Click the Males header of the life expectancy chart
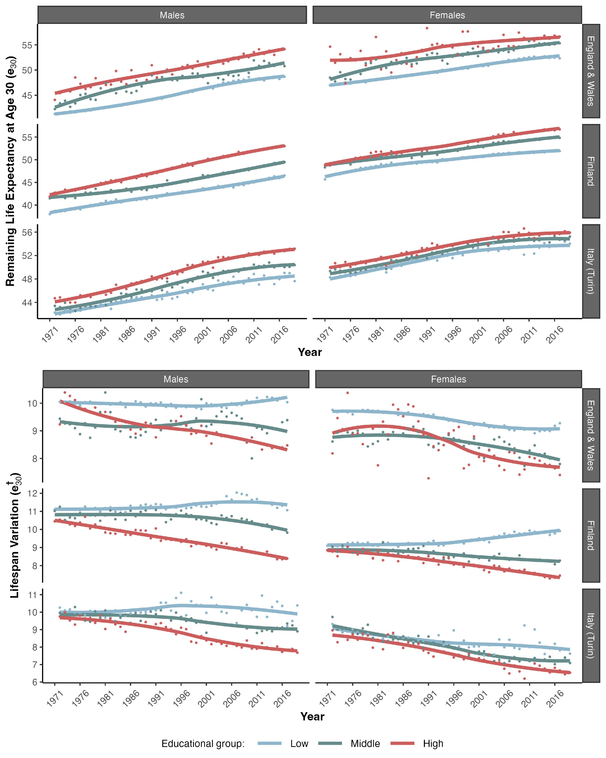click(172, 15)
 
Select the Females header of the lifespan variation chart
click(448, 379)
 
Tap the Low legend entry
click(299, 744)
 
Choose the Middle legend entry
click(365, 744)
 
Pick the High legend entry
click(433, 744)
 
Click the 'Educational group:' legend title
click(203, 744)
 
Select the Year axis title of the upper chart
click(310, 352)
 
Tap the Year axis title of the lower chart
click(312, 716)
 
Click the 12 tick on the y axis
click(33, 493)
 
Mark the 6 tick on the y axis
click(35, 682)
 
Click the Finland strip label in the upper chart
click(590, 171)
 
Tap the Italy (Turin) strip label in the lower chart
click(590, 636)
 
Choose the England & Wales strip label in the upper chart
click(590, 71)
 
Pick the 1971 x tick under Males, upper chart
click(50, 334)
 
